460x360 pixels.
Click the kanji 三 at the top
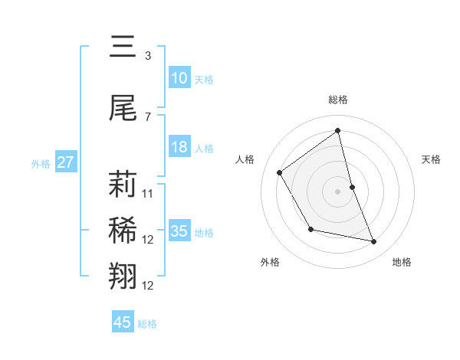pos(123,47)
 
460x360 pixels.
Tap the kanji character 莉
pos(123,184)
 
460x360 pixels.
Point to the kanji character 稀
pos(123,230)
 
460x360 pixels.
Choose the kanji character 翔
pos(123,276)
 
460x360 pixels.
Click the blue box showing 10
pos(179,78)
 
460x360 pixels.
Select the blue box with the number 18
pos(179,147)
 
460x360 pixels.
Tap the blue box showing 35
pos(179,231)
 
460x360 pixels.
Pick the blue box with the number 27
pos(66,162)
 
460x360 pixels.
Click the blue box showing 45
pos(123,322)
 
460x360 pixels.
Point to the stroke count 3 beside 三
pos(148,56)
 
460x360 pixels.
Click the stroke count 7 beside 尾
pos(148,116)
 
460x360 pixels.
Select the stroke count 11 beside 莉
pos(148,193)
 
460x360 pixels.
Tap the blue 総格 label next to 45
pos(147,324)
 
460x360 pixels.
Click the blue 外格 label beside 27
pos(41,163)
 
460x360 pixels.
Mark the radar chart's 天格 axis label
pos(432,159)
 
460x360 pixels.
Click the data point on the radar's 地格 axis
pos(374,242)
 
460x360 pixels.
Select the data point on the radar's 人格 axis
pos(280,172)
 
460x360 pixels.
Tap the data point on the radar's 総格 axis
pos(337,130)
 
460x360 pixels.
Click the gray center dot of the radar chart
pos(337,191)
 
